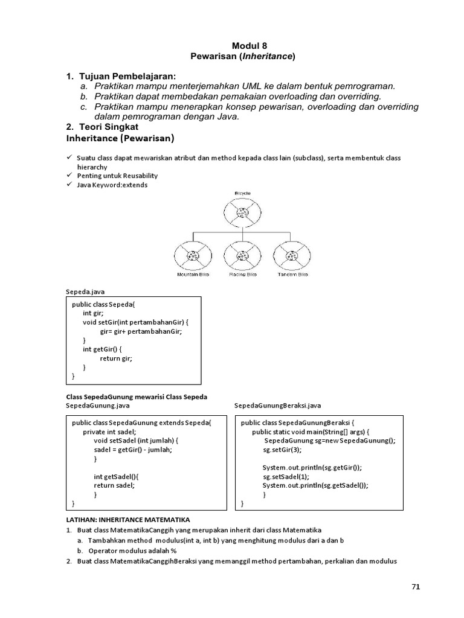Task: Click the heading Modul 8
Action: click(x=249, y=46)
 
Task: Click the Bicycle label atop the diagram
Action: click(x=242, y=193)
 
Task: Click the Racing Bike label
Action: click(x=242, y=275)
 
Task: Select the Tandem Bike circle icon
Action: click(x=292, y=255)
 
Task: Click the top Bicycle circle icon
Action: click(x=242, y=212)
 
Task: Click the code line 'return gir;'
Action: click(x=115, y=358)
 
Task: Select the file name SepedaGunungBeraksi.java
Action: click(x=277, y=406)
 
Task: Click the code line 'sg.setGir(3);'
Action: click(x=282, y=450)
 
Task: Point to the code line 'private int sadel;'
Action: click(x=109, y=432)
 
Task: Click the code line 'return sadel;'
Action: click(x=114, y=485)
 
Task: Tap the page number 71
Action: click(x=414, y=586)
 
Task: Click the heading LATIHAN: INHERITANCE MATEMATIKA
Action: click(x=127, y=519)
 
